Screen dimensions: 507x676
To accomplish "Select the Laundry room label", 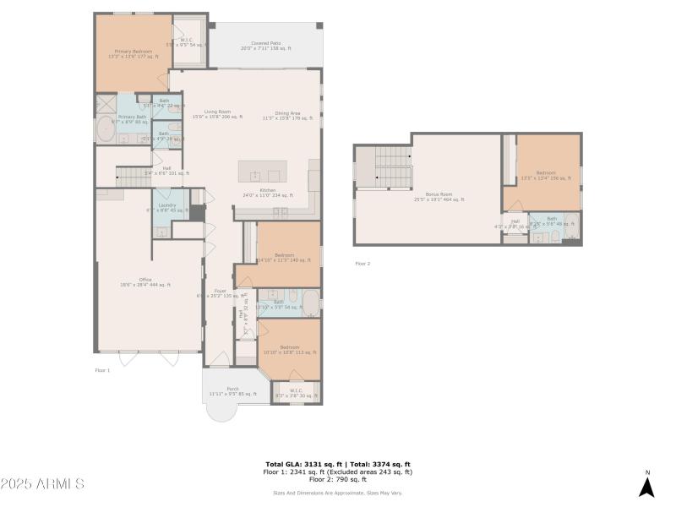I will [x=166, y=207].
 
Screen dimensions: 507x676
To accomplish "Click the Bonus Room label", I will [x=439, y=197].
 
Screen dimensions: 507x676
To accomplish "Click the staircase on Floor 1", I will [x=132, y=176].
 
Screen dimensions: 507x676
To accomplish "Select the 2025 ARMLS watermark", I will [x=42, y=484].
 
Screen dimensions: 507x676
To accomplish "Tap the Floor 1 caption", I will [x=102, y=370].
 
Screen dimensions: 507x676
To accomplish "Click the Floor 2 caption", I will [x=363, y=264].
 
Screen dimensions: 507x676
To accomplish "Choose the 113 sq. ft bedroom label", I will [x=290, y=349].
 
